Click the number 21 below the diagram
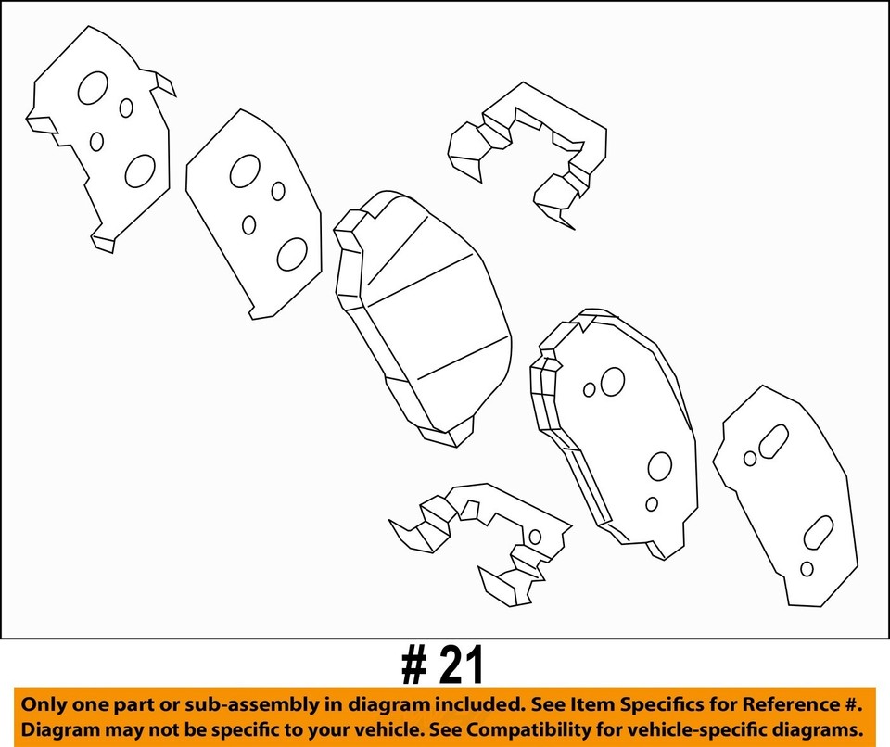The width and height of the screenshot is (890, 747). click(461, 665)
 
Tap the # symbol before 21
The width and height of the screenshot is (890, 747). click(413, 665)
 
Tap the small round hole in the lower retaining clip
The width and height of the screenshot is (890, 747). click(535, 537)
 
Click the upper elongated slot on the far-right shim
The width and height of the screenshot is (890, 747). click(773, 442)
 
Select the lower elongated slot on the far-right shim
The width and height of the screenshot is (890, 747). click(819, 532)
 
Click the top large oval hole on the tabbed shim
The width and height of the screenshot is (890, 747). click(93, 88)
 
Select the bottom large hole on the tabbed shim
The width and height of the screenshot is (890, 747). click(140, 171)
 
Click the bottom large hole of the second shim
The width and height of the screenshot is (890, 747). click(292, 253)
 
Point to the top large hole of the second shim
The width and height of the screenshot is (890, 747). click(245, 171)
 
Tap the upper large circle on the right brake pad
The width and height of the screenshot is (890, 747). click(613, 381)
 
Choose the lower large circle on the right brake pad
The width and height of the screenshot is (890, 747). click(660, 466)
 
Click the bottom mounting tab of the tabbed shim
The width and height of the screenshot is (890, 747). click(104, 243)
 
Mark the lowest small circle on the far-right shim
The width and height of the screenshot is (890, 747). click(807, 568)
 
